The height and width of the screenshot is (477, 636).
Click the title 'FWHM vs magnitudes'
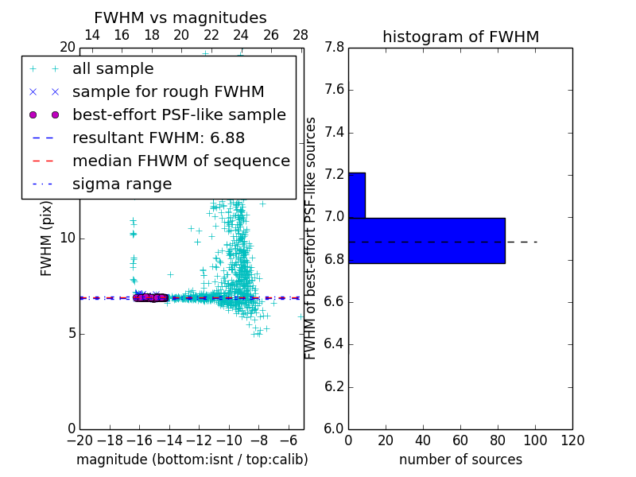pyautogui.click(x=180, y=17)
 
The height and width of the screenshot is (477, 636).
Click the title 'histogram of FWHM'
pyautogui.click(x=460, y=37)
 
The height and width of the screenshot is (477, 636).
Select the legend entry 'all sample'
pyautogui.click(x=113, y=69)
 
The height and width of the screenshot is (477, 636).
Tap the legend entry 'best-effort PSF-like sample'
pyautogui.click(x=179, y=114)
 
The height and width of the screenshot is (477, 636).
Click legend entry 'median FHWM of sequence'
pyautogui.click(x=180, y=161)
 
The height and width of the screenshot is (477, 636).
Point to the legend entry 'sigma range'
pyautogui.click(x=122, y=184)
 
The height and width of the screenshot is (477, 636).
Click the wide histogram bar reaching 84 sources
pyautogui.click(x=426, y=240)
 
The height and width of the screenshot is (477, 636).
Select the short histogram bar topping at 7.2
pyautogui.click(x=356, y=195)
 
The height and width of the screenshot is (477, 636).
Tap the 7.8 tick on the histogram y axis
pyautogui.click(x=335, y=48)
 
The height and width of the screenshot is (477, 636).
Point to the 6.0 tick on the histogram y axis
pyautogui.click(x=335, y=429)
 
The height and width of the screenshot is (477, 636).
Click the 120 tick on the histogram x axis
pyautogui.click(x=572, y=440)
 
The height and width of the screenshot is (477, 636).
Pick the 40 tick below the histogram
pyautogui.click(x=423, y=440)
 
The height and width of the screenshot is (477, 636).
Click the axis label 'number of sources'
pyautogui.click(x=460, y=460)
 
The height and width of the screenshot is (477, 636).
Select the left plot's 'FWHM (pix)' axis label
pyautogui.click(x=47, y=238)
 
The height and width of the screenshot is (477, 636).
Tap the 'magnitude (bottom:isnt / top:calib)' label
pyautogui.click(x=192, y=460)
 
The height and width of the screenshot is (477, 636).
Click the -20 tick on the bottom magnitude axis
pyautogui.click(x=79, y=440)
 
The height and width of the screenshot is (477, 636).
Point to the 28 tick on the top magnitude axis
pyautogui.click(x=301, y=35)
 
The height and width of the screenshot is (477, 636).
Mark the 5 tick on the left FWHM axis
pyautogui.click(x=70, y=333)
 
